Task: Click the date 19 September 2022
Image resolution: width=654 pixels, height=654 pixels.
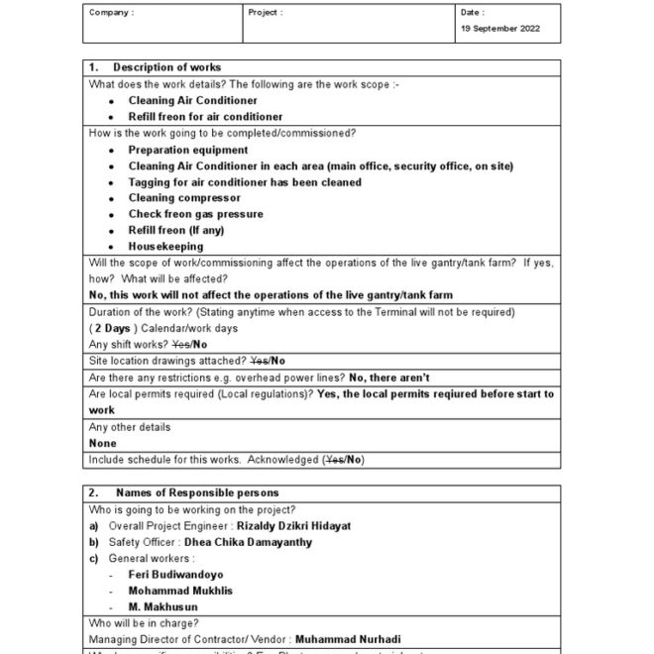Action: point(500,29)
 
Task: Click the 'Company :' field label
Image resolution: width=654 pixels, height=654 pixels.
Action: point(111,13)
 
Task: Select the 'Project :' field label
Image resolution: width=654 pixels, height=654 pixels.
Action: point(267,13)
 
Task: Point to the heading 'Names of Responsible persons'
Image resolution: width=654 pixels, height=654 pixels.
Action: point(197,492)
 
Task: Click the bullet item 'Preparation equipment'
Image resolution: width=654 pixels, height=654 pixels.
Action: point(187,151)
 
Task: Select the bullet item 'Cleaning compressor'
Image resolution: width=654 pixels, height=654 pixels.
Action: point(183,198)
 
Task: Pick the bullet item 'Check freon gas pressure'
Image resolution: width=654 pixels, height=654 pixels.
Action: point(195,214)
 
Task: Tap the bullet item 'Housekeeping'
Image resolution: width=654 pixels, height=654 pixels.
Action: point(165,247)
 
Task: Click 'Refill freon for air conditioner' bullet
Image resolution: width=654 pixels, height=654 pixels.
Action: point(205,117)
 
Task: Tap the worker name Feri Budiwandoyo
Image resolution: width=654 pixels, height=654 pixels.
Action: point(175,575)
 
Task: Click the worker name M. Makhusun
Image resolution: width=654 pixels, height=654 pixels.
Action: point(163,607)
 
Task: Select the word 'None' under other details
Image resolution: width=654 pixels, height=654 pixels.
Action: point(102,444)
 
